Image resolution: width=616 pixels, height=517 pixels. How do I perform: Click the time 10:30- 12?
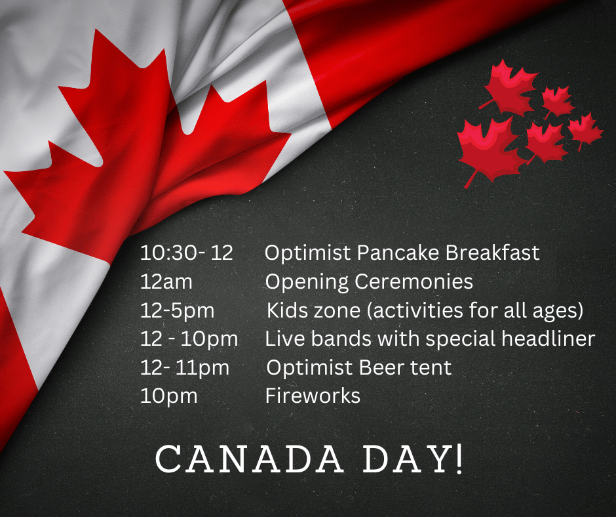(x=187, y=253)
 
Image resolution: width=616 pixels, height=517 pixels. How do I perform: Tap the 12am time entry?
(x=166, y=281)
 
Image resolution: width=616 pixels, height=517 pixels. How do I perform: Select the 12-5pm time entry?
(x=177, y=311)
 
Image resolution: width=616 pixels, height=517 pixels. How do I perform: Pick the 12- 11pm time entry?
(x=185, y=368)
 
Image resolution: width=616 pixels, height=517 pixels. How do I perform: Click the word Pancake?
(x=398, y=253)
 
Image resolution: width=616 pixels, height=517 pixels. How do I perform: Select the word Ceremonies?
(x=414, y=281)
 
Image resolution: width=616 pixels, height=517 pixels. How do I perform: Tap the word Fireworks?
(x=313, y=396)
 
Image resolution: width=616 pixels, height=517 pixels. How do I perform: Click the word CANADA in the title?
(x=249, y=459)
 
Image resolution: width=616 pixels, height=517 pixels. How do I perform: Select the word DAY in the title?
(x=407, y=459)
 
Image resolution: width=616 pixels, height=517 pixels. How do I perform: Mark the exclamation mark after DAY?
(x=458, y=459)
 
